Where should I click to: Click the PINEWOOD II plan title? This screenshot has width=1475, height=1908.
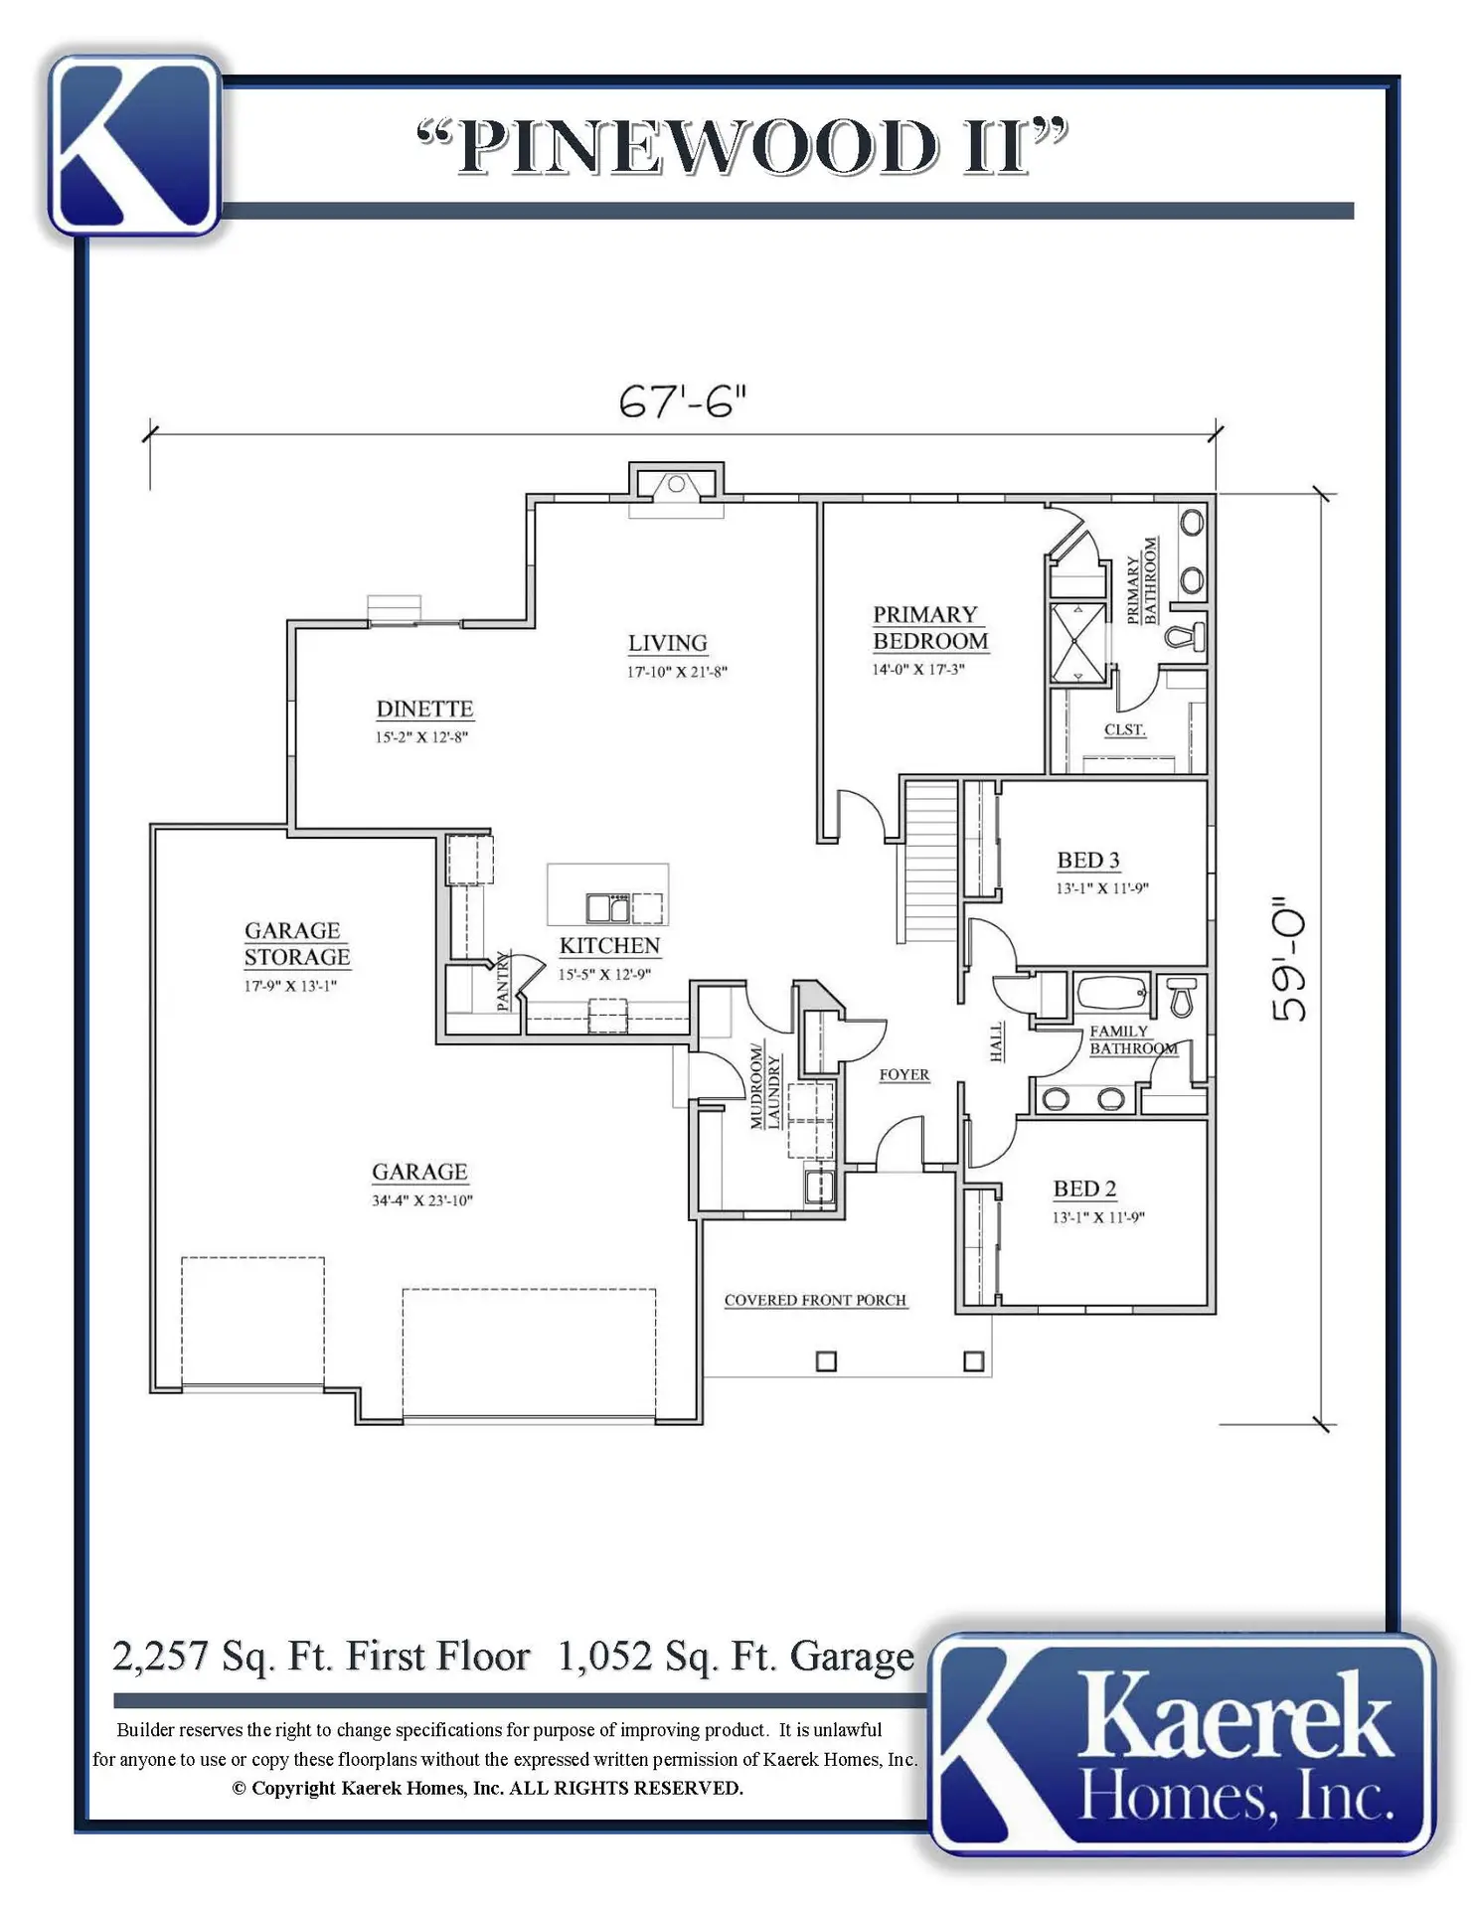[742, 147]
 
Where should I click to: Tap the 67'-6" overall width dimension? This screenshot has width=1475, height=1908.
[682, 401]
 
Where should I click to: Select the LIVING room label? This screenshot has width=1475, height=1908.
[668, 643]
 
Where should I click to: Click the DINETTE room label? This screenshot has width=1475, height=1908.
[424, 709]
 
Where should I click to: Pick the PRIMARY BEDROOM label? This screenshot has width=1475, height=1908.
[930, 628]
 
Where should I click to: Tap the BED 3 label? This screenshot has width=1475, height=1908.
[1088, 860]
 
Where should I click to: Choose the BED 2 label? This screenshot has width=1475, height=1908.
[1084, 1189]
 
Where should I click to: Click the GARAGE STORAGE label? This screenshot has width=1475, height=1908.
[297, 944]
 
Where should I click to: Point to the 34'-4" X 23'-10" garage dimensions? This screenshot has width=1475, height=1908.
[422, 1200]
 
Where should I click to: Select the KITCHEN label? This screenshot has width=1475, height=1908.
[609, 945]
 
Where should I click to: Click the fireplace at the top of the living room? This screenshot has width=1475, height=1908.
[676, 484]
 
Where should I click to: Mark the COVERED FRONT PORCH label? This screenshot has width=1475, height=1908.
[815, 1300]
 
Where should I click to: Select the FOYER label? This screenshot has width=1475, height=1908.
[904, 1074]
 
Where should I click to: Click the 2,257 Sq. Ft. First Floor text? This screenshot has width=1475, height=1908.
[321, 1657]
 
